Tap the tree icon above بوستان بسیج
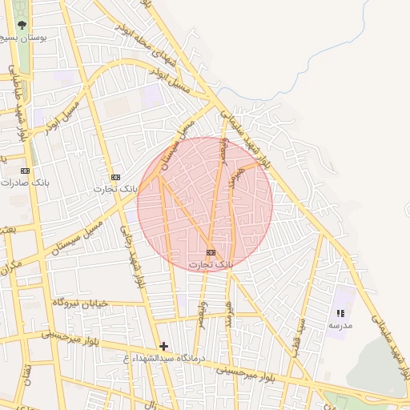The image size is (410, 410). (x=21, y=24)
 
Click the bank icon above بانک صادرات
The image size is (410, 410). (x=25, y=171)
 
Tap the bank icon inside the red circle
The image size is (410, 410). (x=211, y=252)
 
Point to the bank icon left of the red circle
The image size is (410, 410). (x=115, y=177)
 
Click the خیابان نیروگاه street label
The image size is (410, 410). (x=79, y=303)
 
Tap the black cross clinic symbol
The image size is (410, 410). (x=164, y=346)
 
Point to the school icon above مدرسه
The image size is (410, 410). (x=340, y=314)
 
